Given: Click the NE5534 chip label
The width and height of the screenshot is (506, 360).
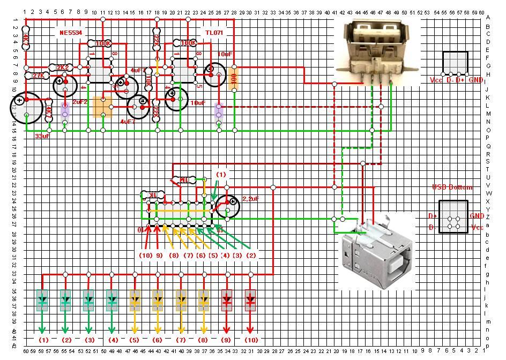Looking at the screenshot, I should [70, 33].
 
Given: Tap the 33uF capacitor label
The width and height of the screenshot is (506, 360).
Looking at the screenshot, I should [42, 136].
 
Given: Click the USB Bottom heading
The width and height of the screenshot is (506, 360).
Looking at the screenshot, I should [452, 187].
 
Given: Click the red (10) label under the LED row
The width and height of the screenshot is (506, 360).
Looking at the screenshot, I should [250, 340].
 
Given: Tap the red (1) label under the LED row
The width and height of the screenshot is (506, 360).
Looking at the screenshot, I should [43, 340].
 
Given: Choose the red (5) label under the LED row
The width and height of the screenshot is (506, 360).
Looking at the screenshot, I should [135, 340].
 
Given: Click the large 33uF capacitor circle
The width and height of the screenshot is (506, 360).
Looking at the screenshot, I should [25, 106].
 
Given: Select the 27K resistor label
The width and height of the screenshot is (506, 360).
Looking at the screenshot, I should [38, 76].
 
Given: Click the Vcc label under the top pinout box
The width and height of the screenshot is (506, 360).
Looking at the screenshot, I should [436, 80].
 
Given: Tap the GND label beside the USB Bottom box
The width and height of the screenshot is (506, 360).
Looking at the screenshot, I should [477, 216].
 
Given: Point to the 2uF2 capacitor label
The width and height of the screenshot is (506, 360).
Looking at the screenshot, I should [79, 101].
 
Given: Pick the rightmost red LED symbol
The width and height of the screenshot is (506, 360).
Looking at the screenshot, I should [250, 300].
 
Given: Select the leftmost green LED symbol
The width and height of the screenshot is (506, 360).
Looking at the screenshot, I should [43, 300].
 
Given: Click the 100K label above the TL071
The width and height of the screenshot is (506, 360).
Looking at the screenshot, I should [188, 43].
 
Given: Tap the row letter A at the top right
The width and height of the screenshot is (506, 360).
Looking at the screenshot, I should [487, 17].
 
